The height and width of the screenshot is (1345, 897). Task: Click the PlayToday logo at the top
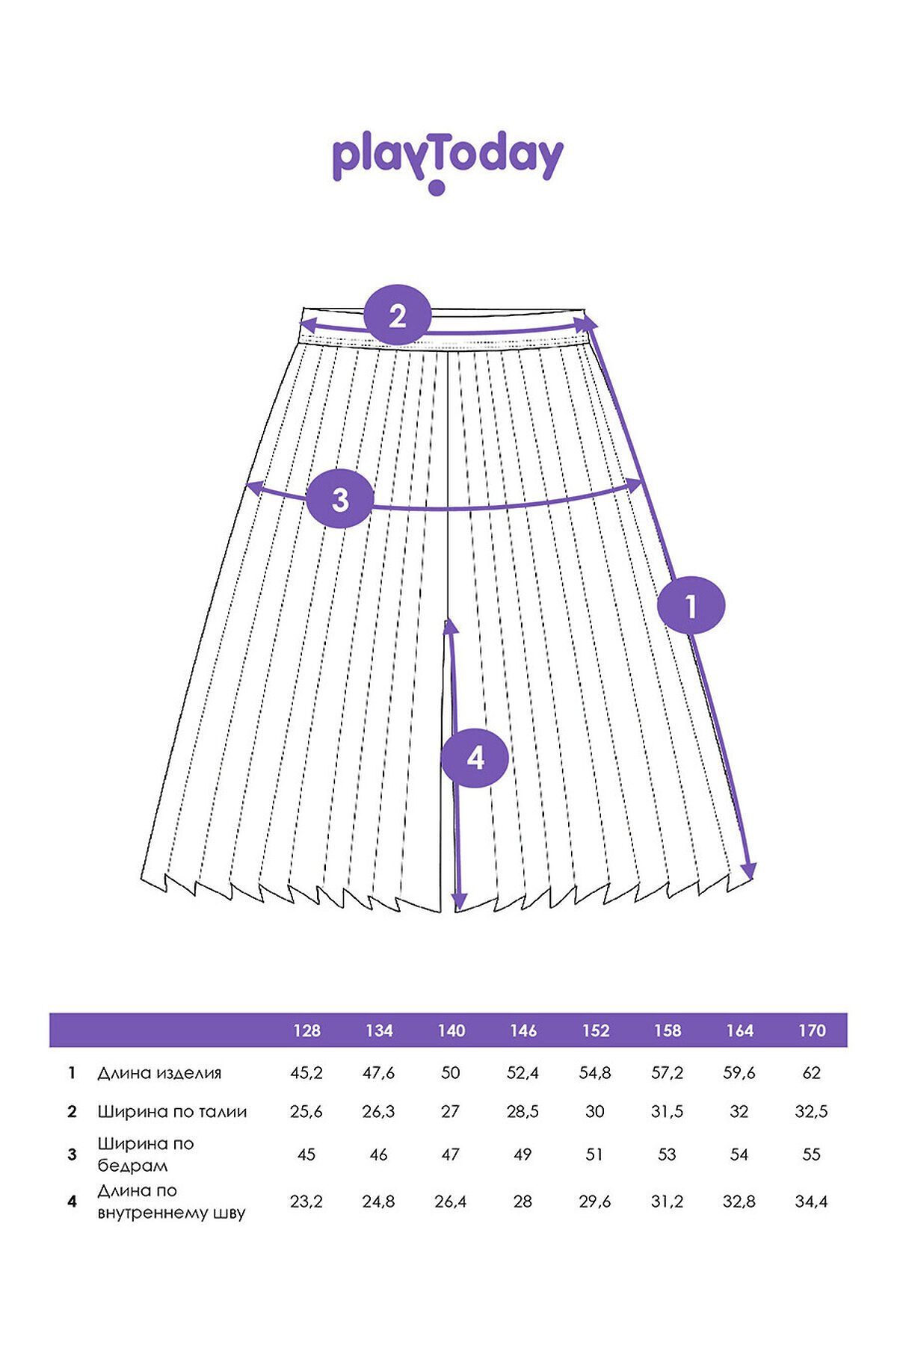(x=447, y=163)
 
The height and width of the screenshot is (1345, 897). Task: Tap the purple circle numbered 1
(x=691, y=605)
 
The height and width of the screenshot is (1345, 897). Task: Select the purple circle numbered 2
(x=398, y=315)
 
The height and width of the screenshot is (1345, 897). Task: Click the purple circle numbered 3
(x=340, y=499)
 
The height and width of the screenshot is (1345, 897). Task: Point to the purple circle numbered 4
(x=475, y=758)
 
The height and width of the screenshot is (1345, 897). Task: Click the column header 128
(x=306, y=1031)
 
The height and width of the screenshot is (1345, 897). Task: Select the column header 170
(x=812, y=1031)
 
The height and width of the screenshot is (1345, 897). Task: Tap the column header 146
(x=523, y=1031)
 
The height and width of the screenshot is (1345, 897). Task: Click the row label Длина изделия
(x=159, y=1074)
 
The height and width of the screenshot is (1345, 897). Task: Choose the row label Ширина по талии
(x=172, y=1112)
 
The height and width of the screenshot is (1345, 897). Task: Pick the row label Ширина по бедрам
(x=146, y=1154)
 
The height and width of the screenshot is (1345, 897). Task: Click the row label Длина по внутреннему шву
(x=171, y=1202)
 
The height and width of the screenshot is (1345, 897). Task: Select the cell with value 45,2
(x=306, y=1073)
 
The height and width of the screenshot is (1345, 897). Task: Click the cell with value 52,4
(x=523, y=1073)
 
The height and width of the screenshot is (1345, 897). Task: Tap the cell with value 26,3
(x=378, y=1112)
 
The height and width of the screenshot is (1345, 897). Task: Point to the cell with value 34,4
(x=811, y=1202)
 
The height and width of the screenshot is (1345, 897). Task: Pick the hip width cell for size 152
(x=594, y=1154)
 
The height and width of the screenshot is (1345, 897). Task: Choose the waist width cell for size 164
(x=739, y=1112)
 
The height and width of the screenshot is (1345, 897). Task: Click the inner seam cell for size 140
(x=451, y=1202)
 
